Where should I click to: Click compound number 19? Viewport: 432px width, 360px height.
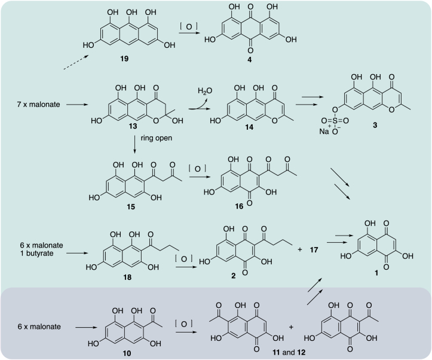(x=124, y=59)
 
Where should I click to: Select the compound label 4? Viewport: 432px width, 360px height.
(x=249, y=60)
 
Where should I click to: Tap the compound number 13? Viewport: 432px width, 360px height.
(x=133, y=126)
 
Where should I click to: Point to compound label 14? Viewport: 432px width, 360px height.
(x=249, y=127)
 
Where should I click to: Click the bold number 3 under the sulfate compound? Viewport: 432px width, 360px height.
(x=375, y=125)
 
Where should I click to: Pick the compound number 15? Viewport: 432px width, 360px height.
(x=131, y=207)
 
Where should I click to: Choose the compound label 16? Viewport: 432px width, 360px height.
(x=239, y=206)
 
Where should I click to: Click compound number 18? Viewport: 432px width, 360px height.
(x=127, y=277)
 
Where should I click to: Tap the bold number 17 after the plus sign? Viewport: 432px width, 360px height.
(x=314, y=250)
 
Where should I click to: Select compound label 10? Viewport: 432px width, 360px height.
(x=127, y=353)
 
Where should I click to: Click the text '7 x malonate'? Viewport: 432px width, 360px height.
(x=39, y=105)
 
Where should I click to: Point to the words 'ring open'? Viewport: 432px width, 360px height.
(x=156, y=138)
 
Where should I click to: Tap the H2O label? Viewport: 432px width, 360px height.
(x=205, y=91)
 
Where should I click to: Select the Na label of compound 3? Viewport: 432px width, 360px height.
(x=324, y=131)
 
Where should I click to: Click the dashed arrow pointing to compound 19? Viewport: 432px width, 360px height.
(x=76, y=62)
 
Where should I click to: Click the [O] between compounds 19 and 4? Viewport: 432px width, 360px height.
(x=189, y=26)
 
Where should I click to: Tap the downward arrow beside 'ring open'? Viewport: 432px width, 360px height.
(x=134, y=144)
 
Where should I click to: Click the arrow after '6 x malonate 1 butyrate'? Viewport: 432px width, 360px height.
(x=77, y=253)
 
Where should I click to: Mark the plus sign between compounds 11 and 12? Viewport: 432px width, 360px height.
(x=291, y=327)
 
